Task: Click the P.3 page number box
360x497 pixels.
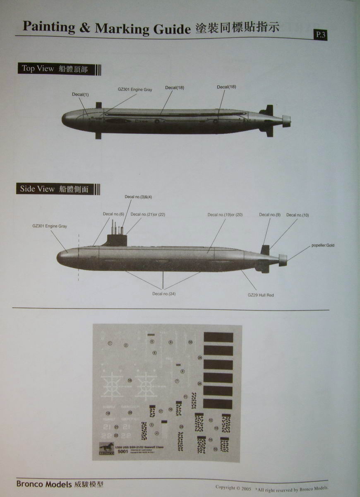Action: tap(320, 35)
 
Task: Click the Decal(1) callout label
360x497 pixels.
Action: tap(80, 94)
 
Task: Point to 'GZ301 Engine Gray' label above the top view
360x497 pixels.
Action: tap(135, 89)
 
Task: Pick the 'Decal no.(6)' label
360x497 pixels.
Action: tap(113, 214)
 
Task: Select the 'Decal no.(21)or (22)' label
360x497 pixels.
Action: tap(148, 214)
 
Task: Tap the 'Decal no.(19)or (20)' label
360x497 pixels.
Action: tap(225, 215)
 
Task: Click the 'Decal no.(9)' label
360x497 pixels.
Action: tap(270, 215)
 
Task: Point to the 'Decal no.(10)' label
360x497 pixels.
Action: tap(298, 215)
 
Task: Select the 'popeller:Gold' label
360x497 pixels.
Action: tap(323, 246)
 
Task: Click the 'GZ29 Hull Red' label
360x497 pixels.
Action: tap(261, 295)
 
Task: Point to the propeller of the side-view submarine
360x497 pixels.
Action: tap(283, 260)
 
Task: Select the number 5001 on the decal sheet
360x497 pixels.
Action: tap(122, 452)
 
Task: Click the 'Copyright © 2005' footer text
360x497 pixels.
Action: tap(234, 487)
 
